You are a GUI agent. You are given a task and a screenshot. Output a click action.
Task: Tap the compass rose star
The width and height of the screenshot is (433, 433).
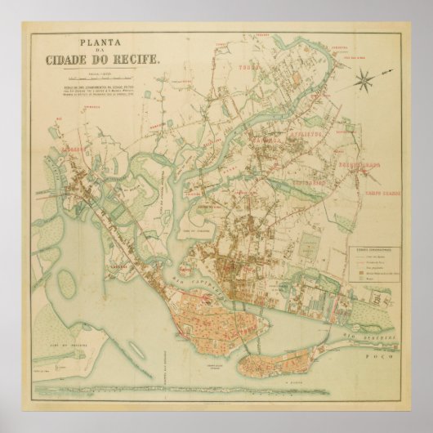pyautogui.click(x=367, y=80)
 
